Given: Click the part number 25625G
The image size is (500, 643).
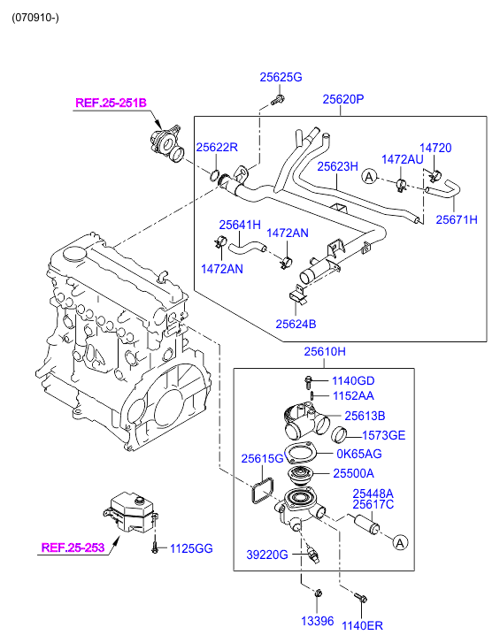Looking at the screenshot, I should [281, 78].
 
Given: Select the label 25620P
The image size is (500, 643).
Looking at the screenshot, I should [342, 100].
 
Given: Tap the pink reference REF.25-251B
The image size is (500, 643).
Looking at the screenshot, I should [110, 103].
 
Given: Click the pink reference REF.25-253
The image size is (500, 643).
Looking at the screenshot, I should [73, 547].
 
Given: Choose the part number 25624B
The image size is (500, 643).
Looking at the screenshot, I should [295, 324].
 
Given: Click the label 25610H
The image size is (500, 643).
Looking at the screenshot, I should [325, 352].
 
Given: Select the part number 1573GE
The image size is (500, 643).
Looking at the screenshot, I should [383, 434].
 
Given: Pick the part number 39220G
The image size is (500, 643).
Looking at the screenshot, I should [267, 555].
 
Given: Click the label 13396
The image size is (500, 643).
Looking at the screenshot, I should [317, 621].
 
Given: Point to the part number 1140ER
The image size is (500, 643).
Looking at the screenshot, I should [362, 625].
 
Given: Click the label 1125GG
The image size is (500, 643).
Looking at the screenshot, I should [191, 548].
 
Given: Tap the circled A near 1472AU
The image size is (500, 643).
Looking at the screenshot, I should [369, 179].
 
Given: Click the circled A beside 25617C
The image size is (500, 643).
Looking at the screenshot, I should [400, 540].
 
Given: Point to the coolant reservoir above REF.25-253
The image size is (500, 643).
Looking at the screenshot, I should [130, 513].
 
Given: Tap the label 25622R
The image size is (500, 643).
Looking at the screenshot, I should [217, 147].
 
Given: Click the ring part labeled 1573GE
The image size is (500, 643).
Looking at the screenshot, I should [342, 434].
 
